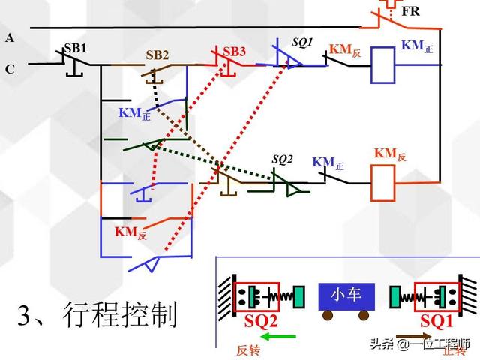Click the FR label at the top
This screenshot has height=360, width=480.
tap(410, 13)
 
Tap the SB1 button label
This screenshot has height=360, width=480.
tap(75, 47)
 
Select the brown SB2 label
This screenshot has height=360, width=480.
tap(157, 55)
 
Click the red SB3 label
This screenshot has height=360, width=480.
tap(234, 52)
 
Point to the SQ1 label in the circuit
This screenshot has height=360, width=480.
tap(302, 43)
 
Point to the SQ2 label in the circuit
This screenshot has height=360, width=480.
tap(282, 159)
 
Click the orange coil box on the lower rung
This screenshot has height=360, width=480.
tap(384, 182)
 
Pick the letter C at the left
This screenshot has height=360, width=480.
tap(9, 69)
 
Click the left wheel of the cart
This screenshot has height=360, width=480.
tap(328, 316)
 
